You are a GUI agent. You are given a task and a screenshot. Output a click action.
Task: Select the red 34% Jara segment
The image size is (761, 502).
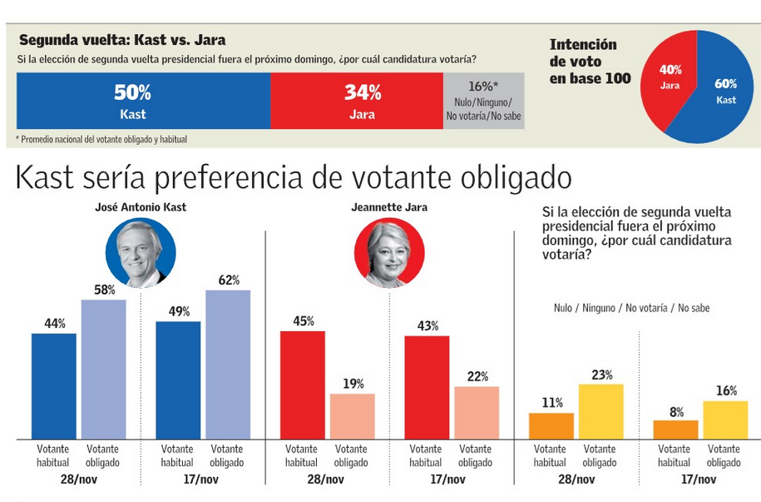tap(357, 101)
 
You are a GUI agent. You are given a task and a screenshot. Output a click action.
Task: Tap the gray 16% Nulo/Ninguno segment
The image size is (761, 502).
tap(483, 101)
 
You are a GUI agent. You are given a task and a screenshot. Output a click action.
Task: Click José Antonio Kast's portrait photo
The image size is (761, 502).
tap(140, 252)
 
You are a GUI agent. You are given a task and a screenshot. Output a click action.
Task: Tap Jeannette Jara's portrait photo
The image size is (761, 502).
tap(388, 252)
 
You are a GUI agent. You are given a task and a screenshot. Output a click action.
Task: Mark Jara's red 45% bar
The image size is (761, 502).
tap(303, 384)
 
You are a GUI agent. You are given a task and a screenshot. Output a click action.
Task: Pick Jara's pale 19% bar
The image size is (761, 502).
tap(353, 415)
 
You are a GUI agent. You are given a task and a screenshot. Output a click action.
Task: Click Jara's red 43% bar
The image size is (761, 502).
tap(427, 387)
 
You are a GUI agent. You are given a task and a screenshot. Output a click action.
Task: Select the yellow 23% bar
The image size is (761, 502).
tap(601, 411)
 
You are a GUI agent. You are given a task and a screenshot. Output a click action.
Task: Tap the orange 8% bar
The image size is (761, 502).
tap(675, 430)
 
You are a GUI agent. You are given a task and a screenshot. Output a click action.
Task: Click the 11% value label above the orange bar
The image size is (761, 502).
tap(551, 403)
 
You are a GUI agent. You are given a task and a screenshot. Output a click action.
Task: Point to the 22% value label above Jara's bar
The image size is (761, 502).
tap(477, 376)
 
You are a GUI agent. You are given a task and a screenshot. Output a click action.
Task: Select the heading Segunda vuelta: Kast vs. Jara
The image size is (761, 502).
tap(121, 40)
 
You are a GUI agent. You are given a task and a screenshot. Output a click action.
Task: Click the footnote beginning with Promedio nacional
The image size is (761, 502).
tap(101, 139)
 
